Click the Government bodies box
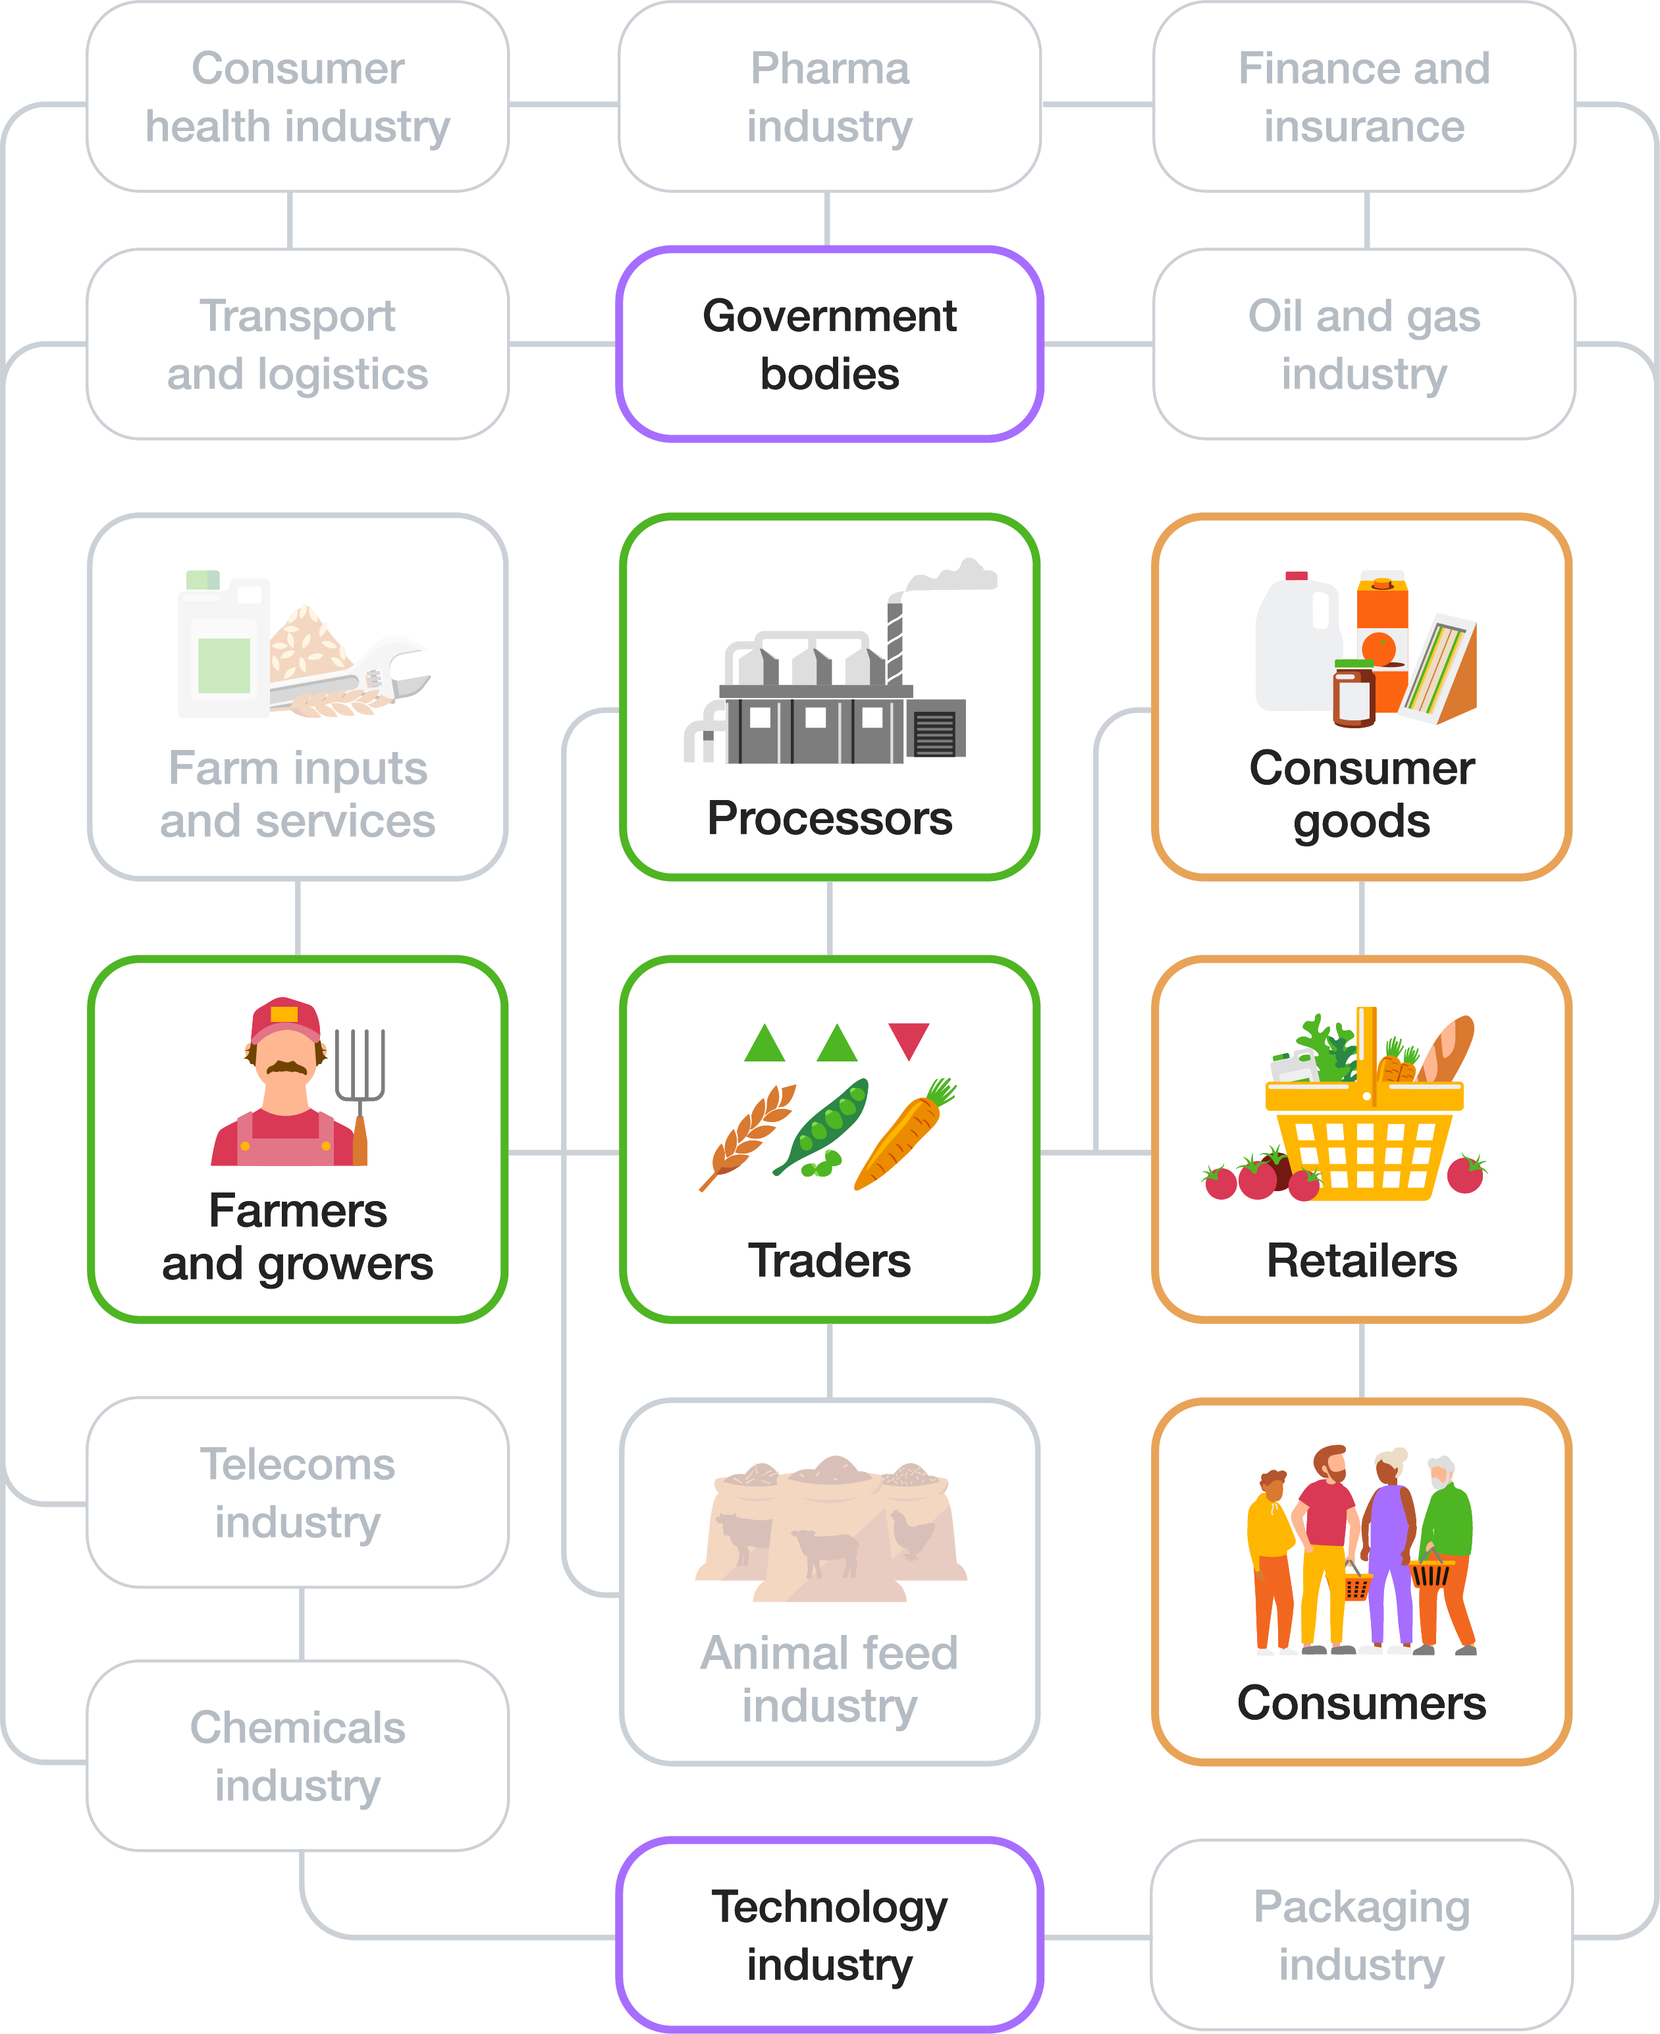click(x=829, y=344)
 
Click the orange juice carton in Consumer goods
click(x=1381, y=631)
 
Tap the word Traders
click(x=829, y=1260)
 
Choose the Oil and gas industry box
click(x=1364, y=344)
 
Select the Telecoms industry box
click(x=298, y=1492)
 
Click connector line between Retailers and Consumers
click(x=1362, y=1360)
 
